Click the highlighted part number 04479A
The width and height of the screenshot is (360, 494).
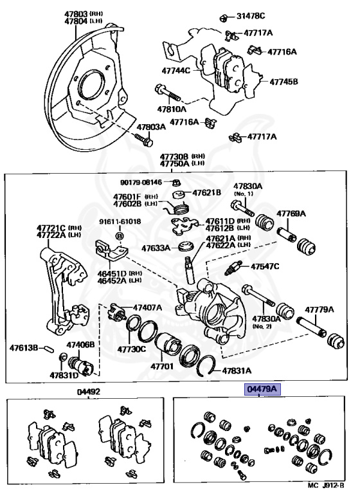[262, 389]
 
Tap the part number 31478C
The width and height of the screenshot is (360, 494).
[251, 15]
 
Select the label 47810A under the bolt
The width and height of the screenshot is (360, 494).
[172, 109]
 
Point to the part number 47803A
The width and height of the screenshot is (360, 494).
[151, 127]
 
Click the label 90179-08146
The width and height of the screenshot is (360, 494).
[141, 182]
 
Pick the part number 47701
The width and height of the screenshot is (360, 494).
[162, 367]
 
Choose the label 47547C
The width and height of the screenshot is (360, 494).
[265, 266]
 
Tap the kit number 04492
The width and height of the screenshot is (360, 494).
[89, 392]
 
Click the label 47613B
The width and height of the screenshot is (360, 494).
[24, 348]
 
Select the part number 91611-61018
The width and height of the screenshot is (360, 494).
[120, 221]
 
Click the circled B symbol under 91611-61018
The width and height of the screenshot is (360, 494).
[120, 236]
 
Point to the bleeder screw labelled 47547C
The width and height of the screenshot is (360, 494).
[233, 268]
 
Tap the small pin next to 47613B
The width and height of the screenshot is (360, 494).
[49, 349]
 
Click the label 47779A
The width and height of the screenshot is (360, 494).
[319, 309]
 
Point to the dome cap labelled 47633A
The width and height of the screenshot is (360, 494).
[185, 246]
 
